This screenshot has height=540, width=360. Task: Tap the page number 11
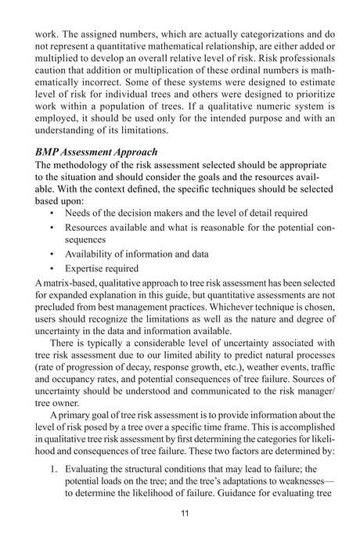pos(180,515)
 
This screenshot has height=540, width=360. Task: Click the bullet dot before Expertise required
pos(50,268)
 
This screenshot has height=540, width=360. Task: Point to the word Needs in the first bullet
pos(79,213)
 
